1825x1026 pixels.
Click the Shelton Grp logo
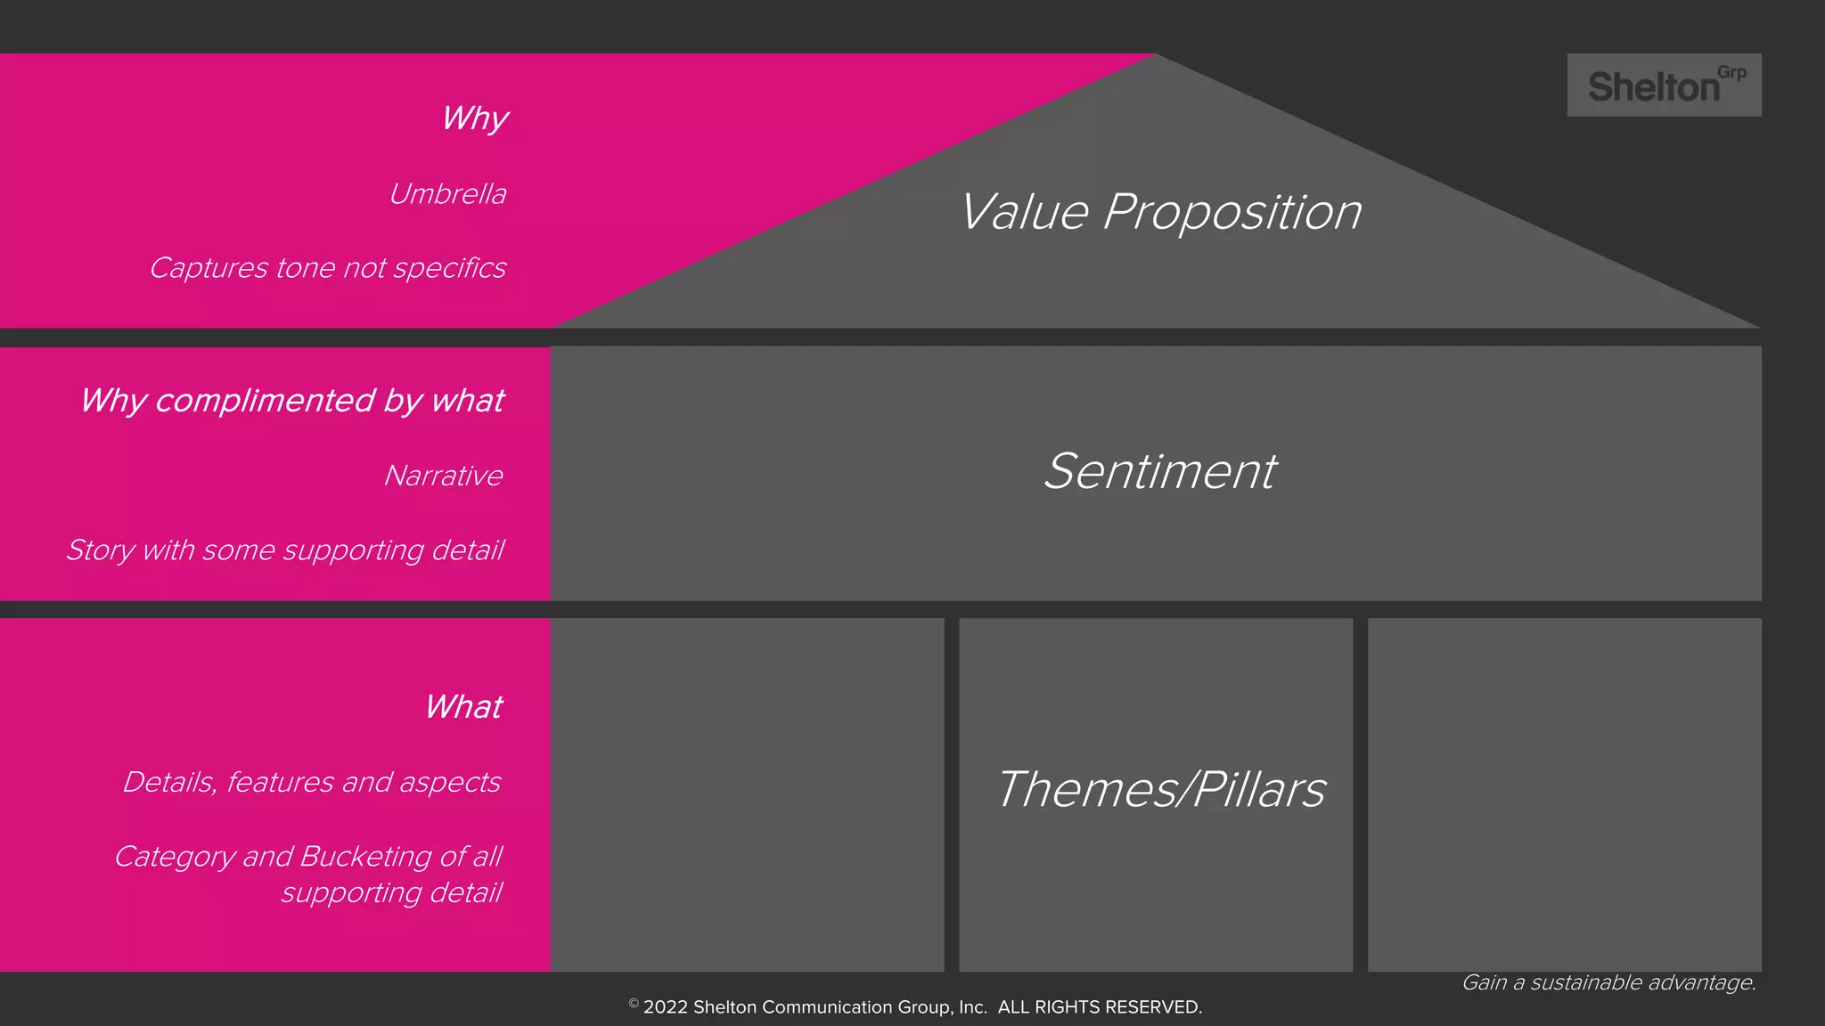[1663, 85]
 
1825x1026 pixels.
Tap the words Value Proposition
[1160, 212]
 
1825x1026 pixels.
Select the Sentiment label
[1159, 471]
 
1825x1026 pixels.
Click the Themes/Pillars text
[1160, 789]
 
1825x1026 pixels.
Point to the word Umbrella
[447, 194]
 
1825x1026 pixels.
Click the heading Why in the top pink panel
[474, 118]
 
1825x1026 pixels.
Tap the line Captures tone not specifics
[327, 268]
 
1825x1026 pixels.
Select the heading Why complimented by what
[291, 401]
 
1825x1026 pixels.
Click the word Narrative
[443, 476]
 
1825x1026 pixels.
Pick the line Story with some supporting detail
[284, 550]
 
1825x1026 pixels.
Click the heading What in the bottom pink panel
[463, 707]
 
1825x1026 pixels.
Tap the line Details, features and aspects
[311, 782]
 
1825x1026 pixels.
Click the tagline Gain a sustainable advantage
[1608, 982]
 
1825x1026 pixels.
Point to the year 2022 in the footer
[665, 1007]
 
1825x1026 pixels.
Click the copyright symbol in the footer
[634, 1004]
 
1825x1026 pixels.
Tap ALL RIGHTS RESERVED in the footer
[1100, 1007]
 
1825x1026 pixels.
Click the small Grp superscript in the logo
[1731, 73]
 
